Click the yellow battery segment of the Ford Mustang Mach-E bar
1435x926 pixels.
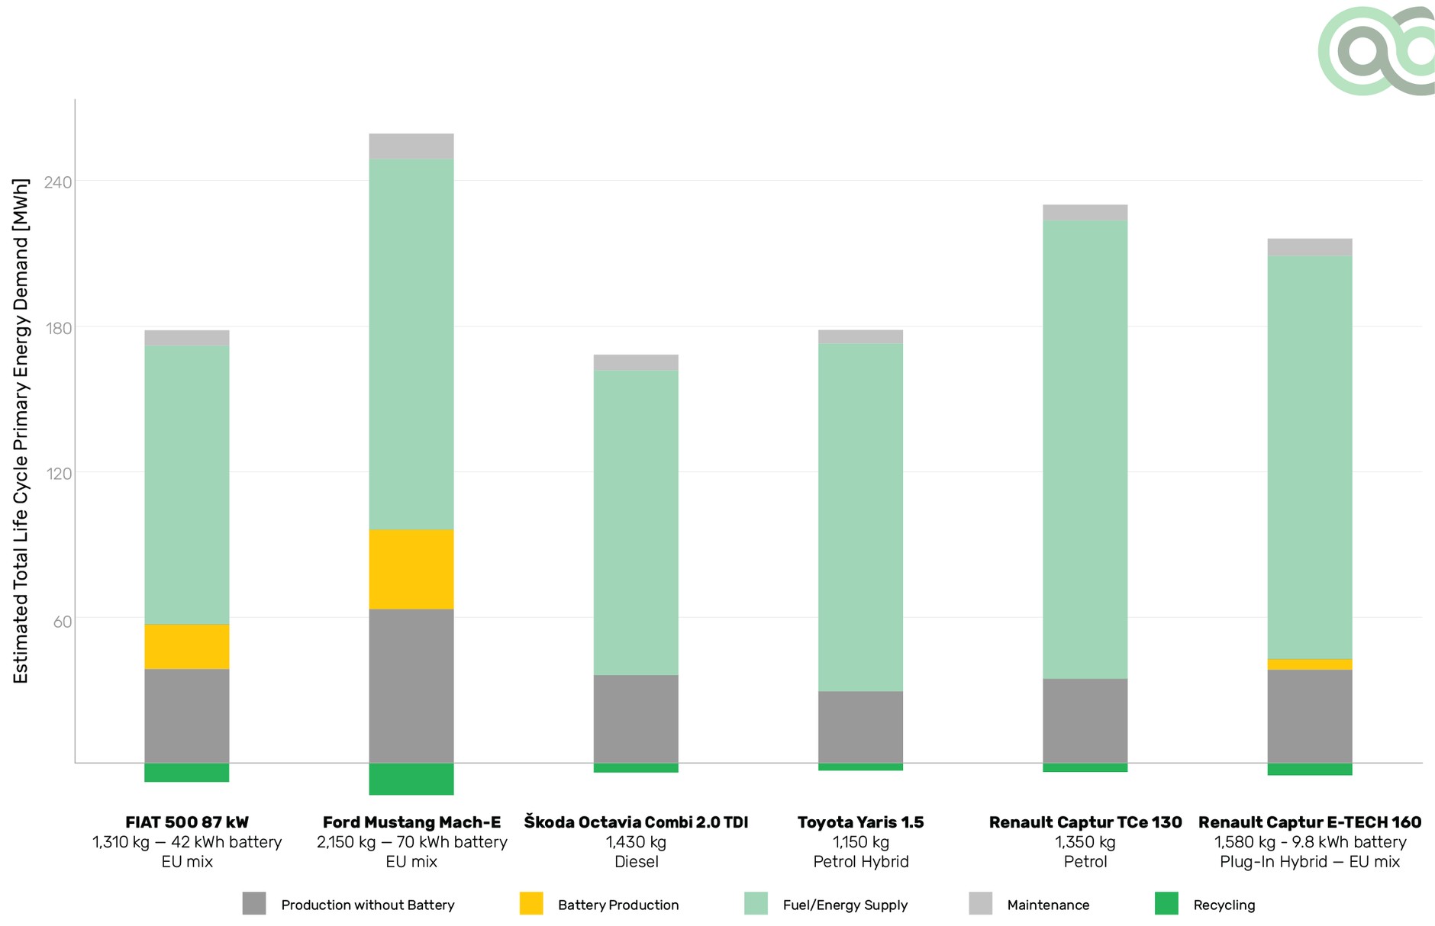tap(411, 569)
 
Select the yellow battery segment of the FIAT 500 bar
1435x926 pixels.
tap(187, 646)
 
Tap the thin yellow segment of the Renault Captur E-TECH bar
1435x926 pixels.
tap(1310, 664)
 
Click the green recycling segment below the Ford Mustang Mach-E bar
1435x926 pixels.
tap(411, 779)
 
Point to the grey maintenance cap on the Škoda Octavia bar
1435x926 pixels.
tap(636, 362)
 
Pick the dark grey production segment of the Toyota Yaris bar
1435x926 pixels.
tap(860, 727)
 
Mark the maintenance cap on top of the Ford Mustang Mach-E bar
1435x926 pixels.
tap(411, 146)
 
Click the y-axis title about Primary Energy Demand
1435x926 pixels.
tap(21, 431)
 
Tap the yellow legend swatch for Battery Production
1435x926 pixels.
tap(531, 903)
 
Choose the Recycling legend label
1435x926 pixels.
tap(1224, 905)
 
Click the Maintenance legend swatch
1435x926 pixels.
tap(981, 903)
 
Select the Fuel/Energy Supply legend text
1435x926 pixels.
tap(845, 905)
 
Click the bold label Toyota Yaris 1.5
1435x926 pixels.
tap(860, 822)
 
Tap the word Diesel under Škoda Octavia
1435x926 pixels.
tap(636, 862)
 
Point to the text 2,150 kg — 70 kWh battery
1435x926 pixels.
tap(411, 842)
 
